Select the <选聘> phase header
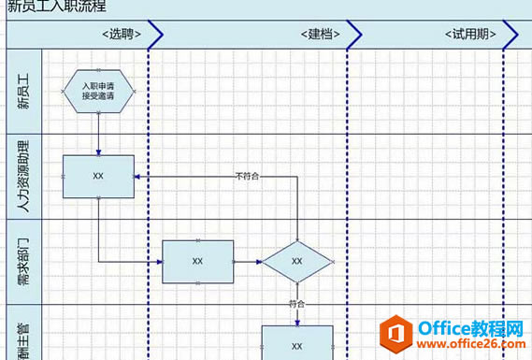(122, 35)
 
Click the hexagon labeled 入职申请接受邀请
(98, 91)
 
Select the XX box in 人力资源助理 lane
(98, 176)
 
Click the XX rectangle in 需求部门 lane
(197, 261)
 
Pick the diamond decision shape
(297, 261)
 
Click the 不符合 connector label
(247, 176)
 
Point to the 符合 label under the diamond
(297, 304)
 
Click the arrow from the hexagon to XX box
(98, 134)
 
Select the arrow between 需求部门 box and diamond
(247, 261)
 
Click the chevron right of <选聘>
(155, 35)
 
